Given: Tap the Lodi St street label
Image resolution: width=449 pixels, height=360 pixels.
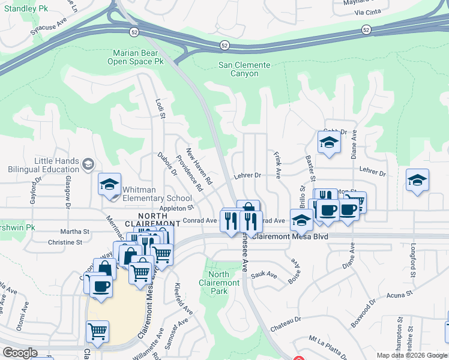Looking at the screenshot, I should coord(160,109).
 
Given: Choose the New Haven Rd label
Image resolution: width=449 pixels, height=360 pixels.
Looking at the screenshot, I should coord(199,166).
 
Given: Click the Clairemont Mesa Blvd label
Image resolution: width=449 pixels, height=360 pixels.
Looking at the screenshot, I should coord(290,236).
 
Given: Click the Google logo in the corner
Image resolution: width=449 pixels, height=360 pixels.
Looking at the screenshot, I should coord(20,353).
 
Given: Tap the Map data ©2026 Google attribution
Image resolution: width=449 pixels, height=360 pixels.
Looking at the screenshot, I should coord(412,355).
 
